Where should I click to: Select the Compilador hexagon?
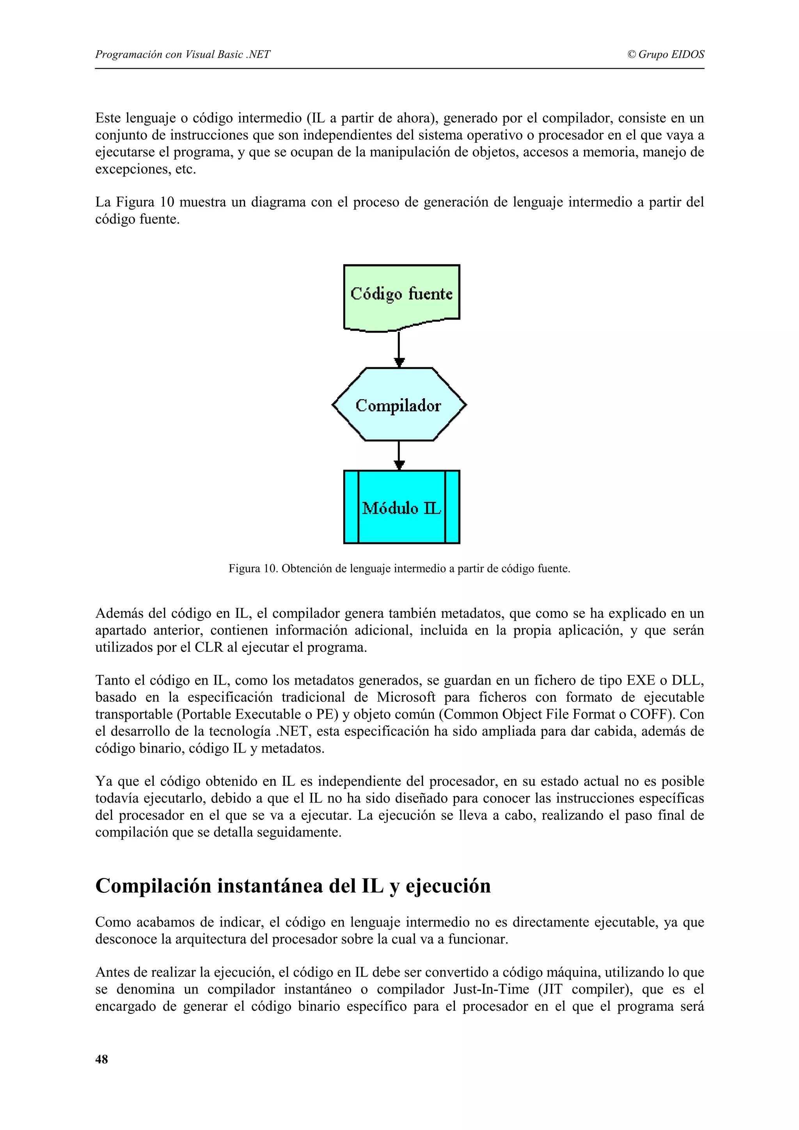pyautogui.click(x=399, y=405)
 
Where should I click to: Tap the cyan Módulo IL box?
pyautogui.click(x=401, y=507)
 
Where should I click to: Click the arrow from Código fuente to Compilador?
pyautogui.click(x=399, y=349)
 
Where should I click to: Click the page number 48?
pyautogui.click(x=101, y=1060)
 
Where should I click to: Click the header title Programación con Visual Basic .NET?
pyautogui.click(x=182, y=55)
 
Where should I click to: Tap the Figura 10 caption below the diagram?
pyautogui.click(x=399, y=569)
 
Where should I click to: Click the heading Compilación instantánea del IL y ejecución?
pyautogui.click(x=293, y=886)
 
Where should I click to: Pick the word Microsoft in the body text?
pyautogui.click(x=406, y=698)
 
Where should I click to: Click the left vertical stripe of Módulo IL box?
pyautogui.click(x=351, y=507)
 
